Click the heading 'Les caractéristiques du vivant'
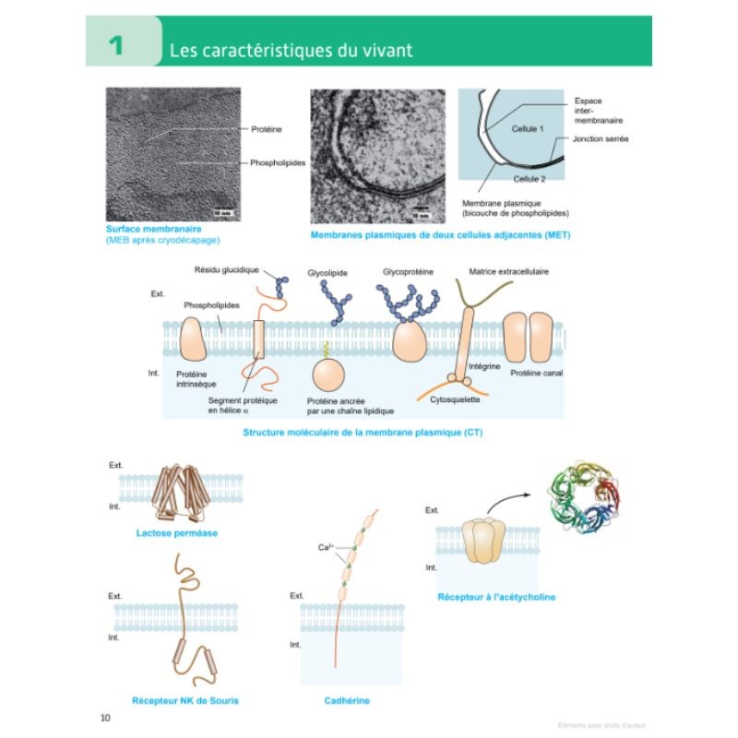click(x=291, y=49)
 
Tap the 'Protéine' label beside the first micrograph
click(x=266, y=130)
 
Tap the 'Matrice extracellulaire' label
click(x=509, y=272)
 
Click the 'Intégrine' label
click(x=484, y=366)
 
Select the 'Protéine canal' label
click(x=536, y=373)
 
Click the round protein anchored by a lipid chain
click(x=328, y=376)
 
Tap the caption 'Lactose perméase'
click(x=170, y=532)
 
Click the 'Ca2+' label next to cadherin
click(x=325, y=547)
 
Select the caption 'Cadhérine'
click(x=347, y=700)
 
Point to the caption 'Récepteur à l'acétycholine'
click(x=496, y=597)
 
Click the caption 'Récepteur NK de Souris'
click(x=185, y=700)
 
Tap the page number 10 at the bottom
click(x=104, y=718)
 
